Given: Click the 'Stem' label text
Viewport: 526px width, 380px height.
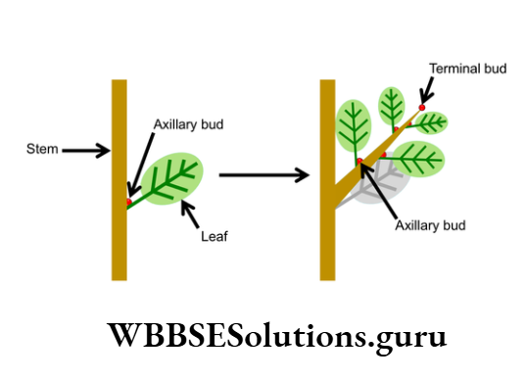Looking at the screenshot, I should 42,150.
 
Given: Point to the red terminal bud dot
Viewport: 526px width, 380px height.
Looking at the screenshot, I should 422,108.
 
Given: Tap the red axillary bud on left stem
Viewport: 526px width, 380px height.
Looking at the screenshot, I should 128,202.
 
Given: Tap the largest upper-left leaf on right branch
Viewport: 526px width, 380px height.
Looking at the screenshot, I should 354,123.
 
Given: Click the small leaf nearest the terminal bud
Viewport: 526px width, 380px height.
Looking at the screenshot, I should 431,122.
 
